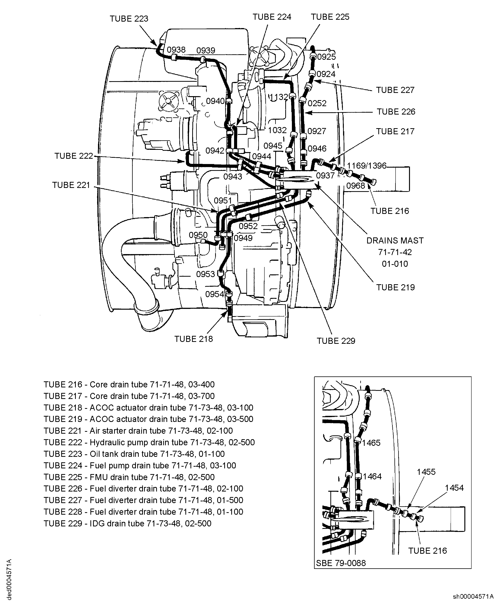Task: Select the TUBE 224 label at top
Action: click(272, 17)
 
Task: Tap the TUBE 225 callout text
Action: click(330, 17)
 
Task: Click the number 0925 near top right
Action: click(326, 57)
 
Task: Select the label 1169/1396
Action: click(366, 166)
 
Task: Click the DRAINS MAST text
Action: click(395, 241)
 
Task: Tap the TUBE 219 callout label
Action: click(395, 287)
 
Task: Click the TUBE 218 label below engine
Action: click(193, 339)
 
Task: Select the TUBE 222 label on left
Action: click(74, 156)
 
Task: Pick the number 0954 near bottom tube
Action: click(214, 294)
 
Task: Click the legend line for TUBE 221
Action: click(138, 431)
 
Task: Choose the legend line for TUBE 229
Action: click(127, 523)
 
